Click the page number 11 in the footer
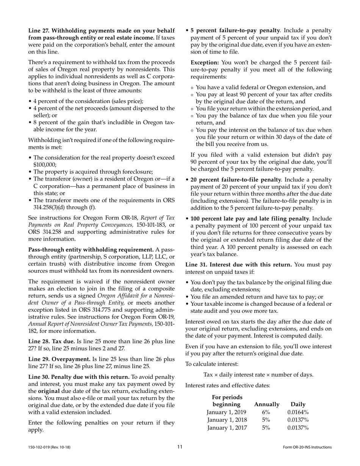(180, 447)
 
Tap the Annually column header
(267, 404)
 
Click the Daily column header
(298, 404)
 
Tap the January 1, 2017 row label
(227, 428)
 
